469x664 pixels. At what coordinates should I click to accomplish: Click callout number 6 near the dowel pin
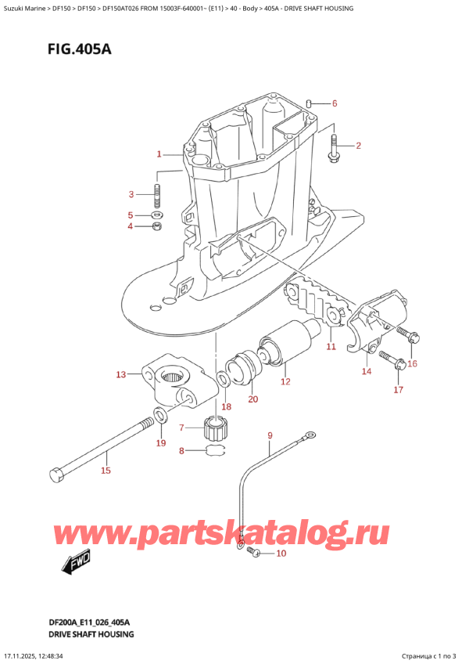click(x=334, y=104)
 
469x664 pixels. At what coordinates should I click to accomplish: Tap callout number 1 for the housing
click(x=159, y=153)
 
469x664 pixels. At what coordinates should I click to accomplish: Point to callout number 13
click(x=120, y=375)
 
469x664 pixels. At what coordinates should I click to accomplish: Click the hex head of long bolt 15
click(x=55, y=475)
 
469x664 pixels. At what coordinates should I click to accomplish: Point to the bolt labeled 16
click(x=410, y=335)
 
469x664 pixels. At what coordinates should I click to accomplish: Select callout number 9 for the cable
click(x=270, y=435)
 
